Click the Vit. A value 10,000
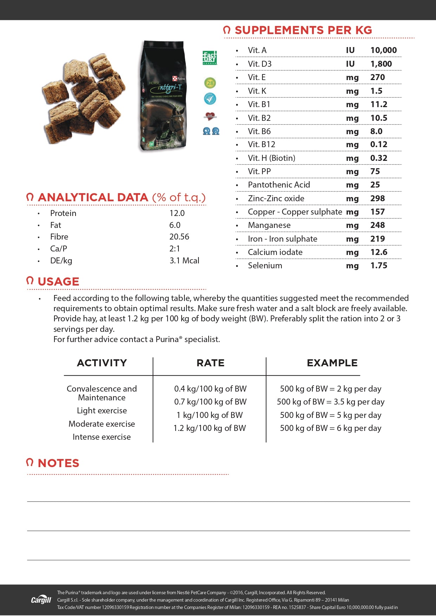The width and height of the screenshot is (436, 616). tap(383, 50)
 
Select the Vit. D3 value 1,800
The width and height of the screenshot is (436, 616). tap(381, 64)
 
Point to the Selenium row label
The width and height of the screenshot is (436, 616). tap(265, 266)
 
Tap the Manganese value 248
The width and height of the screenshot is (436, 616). tap(377, 225)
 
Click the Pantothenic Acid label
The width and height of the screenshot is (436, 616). tap(279, 185)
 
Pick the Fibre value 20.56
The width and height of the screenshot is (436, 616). tap(179, 237)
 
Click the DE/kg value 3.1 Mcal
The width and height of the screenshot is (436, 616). tap(184, 261)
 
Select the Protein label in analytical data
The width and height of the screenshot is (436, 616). tap(63, 213)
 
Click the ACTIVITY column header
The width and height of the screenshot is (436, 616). tap(102, 363)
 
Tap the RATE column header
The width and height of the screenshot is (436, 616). tap(210, 363)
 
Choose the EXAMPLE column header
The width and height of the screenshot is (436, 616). tap(332, 363)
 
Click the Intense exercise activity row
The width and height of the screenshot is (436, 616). tap(102, 437)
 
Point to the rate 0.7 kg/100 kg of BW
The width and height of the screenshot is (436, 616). tap(210, 402)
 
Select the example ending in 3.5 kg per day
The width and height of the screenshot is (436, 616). tap(331, 402)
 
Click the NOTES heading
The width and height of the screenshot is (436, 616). tap(58, 463)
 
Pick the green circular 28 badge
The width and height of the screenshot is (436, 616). tap(210, 83)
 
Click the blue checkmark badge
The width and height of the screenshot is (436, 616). tap(210, 99)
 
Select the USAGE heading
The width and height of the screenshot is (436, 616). tap(58, 281)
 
